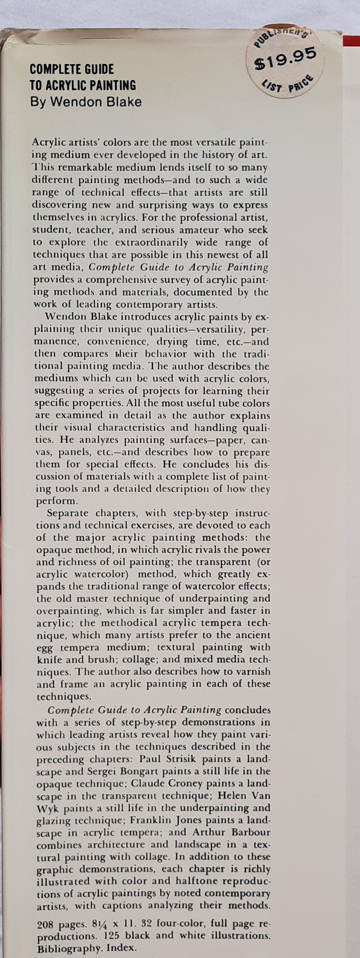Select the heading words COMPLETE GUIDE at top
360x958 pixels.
click(x=72, y=69)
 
